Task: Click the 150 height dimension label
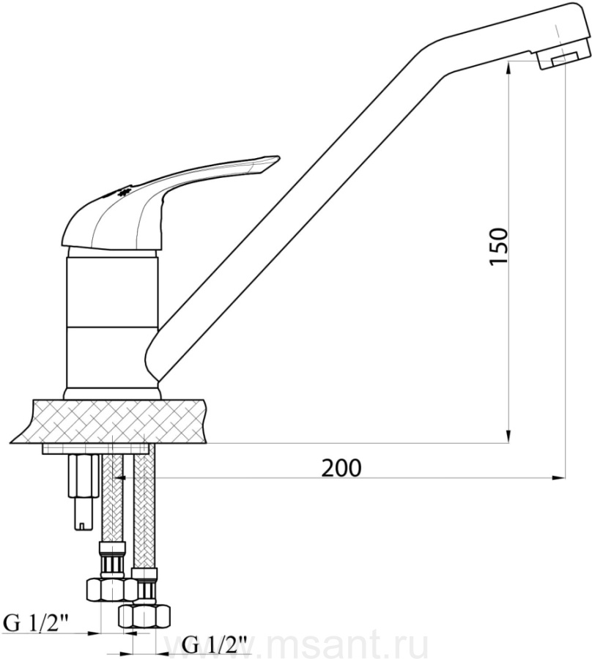[499, 246]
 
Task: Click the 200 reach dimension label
[341, 467]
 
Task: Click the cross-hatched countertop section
[110, 421]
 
